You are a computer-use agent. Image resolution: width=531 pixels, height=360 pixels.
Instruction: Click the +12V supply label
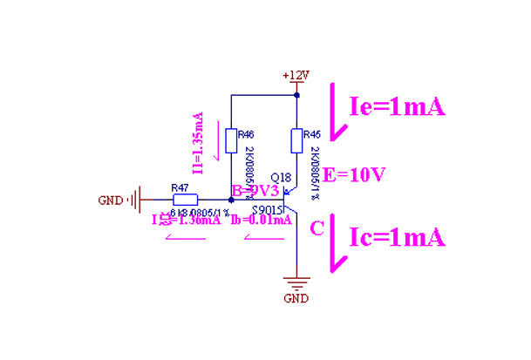tap(296, 75)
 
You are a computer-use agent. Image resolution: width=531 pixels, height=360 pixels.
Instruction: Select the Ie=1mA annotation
tap(397, 106)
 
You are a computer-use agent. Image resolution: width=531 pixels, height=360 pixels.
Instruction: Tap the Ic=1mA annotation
tap(397, 236)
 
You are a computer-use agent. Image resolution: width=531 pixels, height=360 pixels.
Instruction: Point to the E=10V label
tap(354, 174)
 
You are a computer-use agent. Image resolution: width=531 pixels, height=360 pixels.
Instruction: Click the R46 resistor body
tap(230, 141)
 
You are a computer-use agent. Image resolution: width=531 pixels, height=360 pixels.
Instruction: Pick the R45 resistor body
tap(297, 141)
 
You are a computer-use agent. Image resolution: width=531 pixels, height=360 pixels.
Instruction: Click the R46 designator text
tap(246, 134)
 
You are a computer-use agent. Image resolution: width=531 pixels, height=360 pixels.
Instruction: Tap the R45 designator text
tap(312, 134)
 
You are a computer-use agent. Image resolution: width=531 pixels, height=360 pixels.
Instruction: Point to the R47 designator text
tap(180, 187)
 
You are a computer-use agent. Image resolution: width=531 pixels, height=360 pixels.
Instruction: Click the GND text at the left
tap(111, 200)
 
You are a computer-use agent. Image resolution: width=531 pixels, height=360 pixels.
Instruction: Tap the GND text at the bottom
tap(296, 298)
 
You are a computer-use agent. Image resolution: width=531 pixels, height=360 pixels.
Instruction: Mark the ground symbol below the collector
tap(297, 282)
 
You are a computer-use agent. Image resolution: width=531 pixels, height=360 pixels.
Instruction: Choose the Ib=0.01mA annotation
tap(261, 220)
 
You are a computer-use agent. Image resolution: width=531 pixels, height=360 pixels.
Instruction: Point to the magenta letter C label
tap(317, 228)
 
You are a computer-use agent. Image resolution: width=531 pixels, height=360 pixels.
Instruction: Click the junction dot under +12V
tap(297, 94)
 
